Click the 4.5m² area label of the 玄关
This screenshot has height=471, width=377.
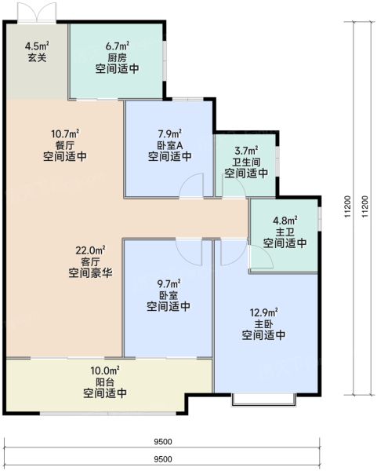coord(37,46)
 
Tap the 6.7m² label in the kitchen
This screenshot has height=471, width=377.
coord(117,46)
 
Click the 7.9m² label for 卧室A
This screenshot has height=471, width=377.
coord(169,133)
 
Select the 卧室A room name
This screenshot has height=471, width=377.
coord(169,145)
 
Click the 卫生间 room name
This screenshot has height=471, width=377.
coord(247,162)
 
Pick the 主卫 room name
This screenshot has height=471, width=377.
coord(285,232)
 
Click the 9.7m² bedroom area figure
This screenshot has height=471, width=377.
coord(169,283)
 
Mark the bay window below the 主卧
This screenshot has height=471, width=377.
coord(264,400)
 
